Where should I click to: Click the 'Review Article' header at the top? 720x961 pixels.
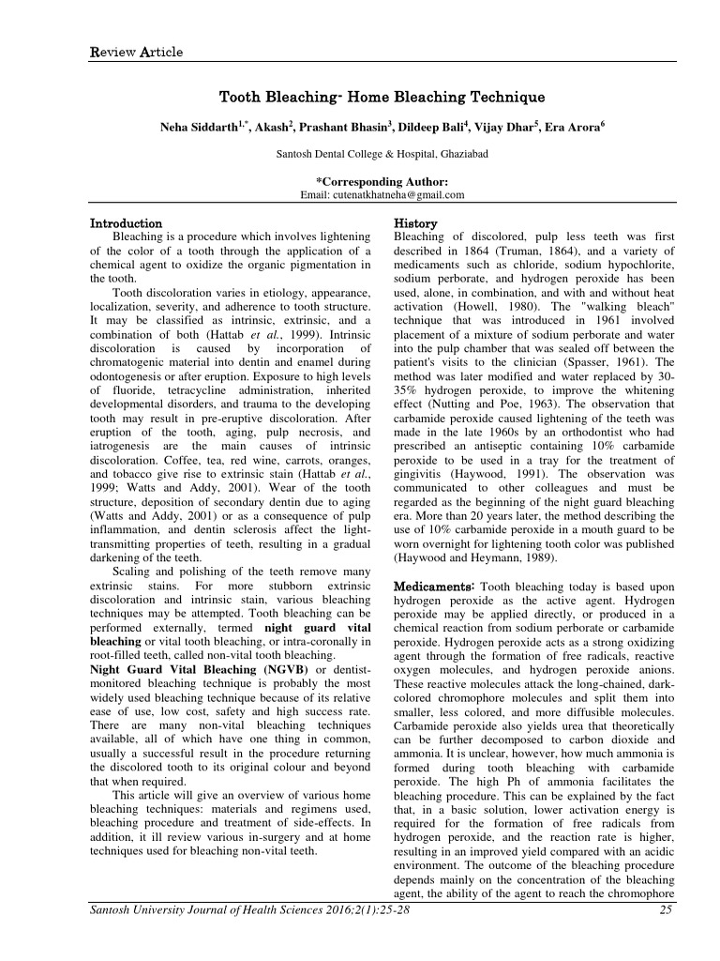click(x=130, y=52)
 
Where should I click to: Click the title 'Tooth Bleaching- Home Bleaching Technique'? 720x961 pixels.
click(x=382, y=97)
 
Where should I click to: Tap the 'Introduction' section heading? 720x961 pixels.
click(x=126, y=224)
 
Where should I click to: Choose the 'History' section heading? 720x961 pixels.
click(x=415, y=224)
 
